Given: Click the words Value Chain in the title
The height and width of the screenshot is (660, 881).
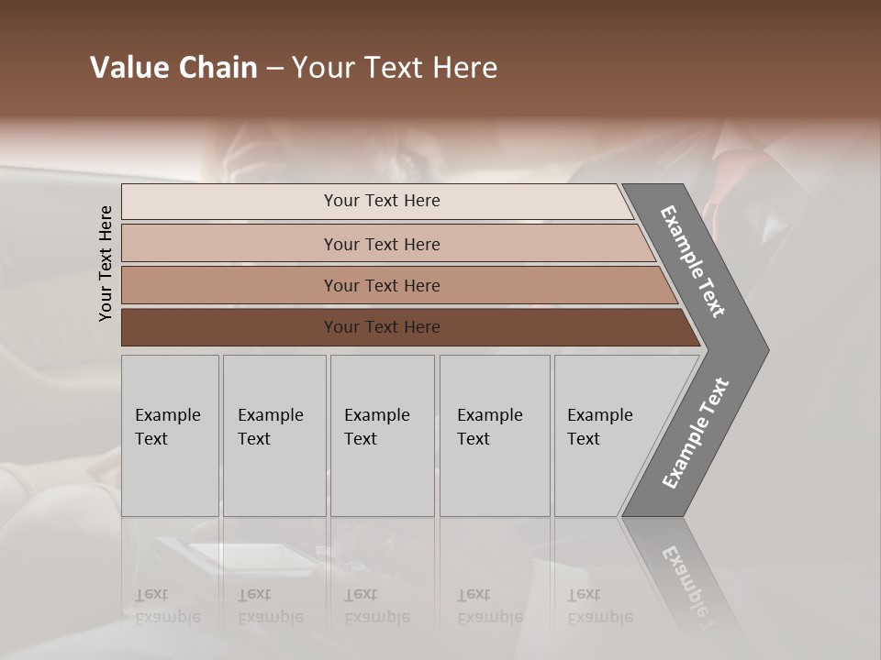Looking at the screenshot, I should [173, 68].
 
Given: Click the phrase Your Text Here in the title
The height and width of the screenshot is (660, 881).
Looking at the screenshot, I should [395, 68].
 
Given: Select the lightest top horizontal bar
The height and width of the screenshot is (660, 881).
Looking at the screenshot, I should [229, 202].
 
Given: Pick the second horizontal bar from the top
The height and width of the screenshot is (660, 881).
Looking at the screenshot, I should [229, 244].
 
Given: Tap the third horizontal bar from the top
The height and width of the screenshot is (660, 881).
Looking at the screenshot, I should [229, 285].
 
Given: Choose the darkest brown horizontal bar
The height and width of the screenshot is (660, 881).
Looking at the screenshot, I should [229, 327].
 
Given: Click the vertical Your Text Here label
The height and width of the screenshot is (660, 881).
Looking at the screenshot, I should [106, 263].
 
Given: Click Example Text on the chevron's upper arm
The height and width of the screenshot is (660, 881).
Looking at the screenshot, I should [693, 261].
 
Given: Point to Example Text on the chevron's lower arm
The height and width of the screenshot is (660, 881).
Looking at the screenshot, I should [695, 434].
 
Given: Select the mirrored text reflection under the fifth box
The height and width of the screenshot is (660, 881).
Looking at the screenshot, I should [599, 606].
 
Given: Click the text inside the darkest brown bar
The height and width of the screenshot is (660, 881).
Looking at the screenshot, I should [382, 327].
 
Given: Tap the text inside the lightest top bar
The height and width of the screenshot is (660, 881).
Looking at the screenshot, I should [382, 201].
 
